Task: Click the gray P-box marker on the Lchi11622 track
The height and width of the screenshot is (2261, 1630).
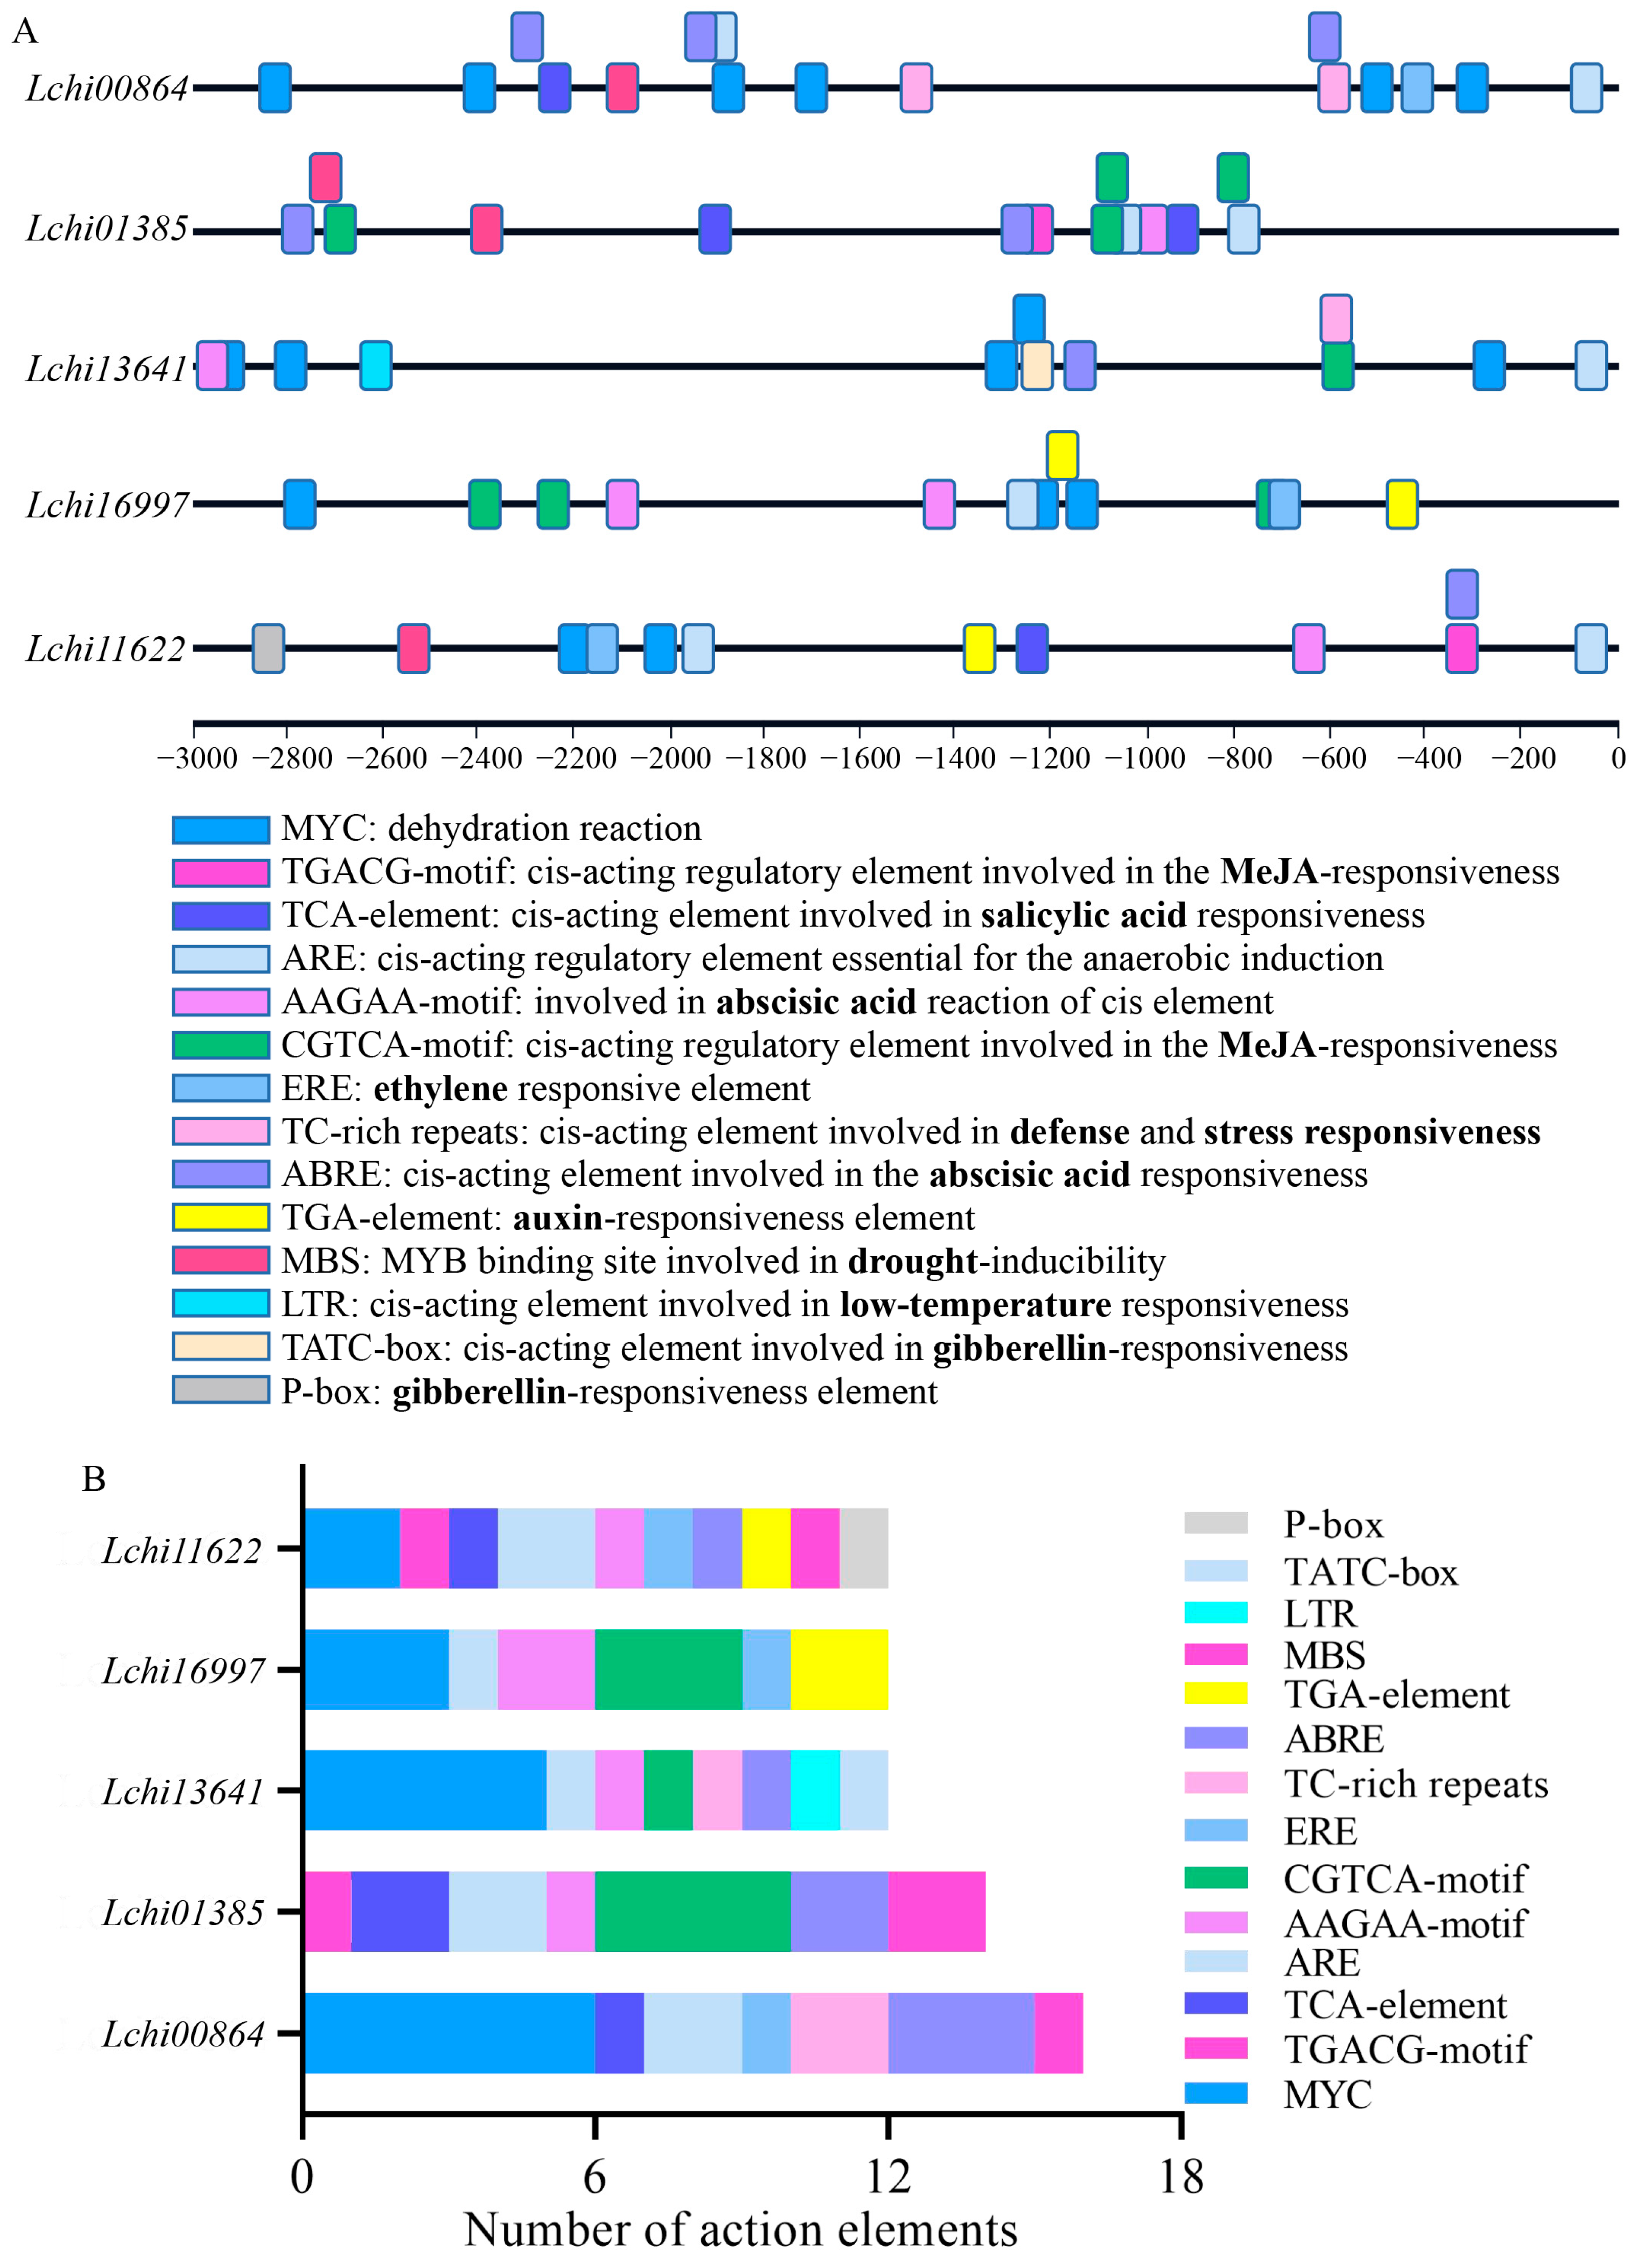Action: (267, 648)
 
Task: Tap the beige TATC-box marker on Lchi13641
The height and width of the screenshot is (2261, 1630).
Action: (1037, 365)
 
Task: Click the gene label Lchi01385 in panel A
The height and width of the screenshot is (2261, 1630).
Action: (107, 228)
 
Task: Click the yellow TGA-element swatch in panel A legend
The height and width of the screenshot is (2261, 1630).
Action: (220, 1217)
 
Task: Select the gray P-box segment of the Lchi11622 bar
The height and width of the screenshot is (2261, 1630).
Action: (863, 1548)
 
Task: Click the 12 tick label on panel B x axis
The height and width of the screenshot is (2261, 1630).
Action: (887, 2176)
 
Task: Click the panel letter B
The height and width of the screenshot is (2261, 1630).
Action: (94, 1479)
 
